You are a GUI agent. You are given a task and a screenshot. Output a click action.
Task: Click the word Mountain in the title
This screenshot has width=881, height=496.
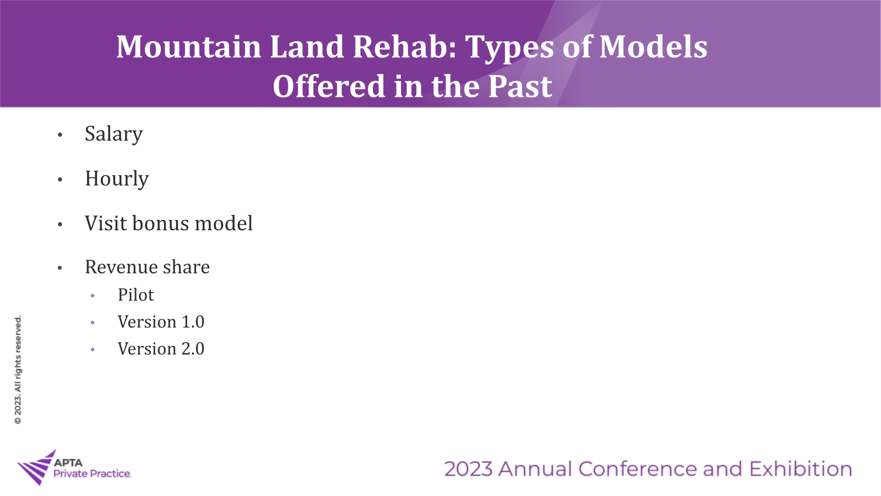point(189,47)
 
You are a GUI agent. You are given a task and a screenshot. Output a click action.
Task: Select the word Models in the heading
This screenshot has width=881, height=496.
point(653,47)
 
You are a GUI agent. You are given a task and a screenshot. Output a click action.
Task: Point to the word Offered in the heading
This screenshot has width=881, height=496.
point(329,86)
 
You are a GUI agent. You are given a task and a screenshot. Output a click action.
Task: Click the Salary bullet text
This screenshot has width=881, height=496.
point(113,134)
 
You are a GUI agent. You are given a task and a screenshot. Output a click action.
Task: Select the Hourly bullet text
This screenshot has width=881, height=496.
point(117,179)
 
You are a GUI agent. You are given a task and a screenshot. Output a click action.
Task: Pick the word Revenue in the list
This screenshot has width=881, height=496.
point(121,267)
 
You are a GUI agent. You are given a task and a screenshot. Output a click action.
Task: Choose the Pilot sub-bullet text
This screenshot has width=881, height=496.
point(135,294)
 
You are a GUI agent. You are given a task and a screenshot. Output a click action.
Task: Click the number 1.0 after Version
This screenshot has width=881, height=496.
point(193,322)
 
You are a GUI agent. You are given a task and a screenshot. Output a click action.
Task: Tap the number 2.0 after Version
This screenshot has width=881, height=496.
point(193,348)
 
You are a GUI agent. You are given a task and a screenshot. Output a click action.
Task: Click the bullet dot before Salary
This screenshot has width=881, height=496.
point(60,135)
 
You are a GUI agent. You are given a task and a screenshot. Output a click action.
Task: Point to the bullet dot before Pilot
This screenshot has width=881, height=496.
point(93,295)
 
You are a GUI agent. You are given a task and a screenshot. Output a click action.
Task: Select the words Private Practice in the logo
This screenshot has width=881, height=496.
point(92,473)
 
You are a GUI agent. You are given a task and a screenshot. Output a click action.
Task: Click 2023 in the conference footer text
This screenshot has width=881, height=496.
point(468,469)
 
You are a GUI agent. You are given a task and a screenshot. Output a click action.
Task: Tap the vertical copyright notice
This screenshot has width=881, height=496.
point(18,370)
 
